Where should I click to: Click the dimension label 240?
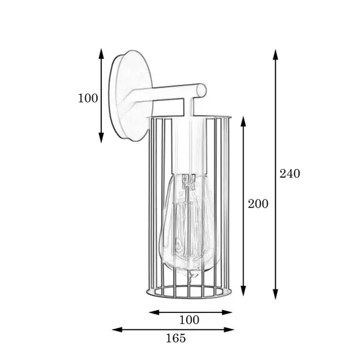point(290,174)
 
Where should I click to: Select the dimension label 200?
point(258,204)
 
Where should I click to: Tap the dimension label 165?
point(176,338)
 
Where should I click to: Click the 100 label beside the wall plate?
point(88,98)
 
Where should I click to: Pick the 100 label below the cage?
point(189,320)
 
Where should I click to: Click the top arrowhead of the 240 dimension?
point(275,55)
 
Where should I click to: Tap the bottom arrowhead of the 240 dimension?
point(275,294)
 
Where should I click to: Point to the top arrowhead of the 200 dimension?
point(243,121)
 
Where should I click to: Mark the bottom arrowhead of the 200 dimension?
point(243,291)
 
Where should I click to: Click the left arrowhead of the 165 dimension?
point(117,330)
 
